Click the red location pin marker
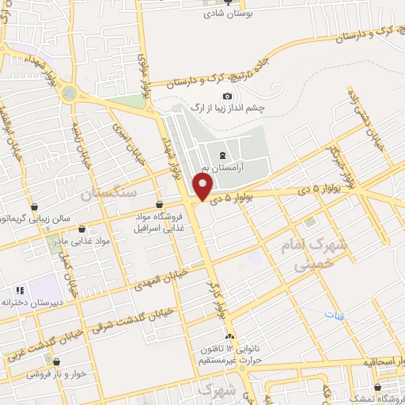pos(203,187)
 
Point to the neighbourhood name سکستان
pos(108,192)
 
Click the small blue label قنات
pos(330,315)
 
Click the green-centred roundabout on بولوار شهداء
pos(70,93)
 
